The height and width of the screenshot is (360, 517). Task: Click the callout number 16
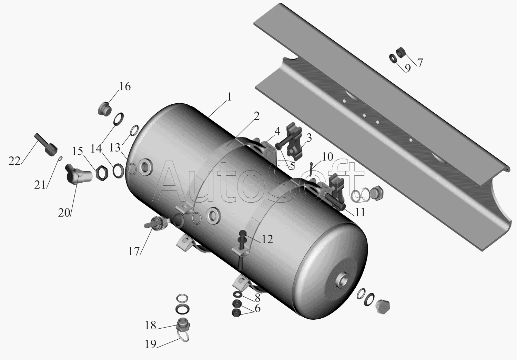[x=125, y=86]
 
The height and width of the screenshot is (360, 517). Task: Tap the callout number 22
[x=14, y=161]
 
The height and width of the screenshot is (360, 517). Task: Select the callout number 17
[x=134, y=251]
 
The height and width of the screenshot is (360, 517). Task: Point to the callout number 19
[x=151, y=344]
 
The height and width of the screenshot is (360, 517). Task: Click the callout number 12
[x=267, y=239]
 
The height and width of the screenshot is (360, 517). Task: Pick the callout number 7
[x=420, y=63]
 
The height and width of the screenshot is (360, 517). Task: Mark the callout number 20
[x=64, y=213]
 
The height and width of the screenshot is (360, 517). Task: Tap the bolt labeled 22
[x=45, y=145]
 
